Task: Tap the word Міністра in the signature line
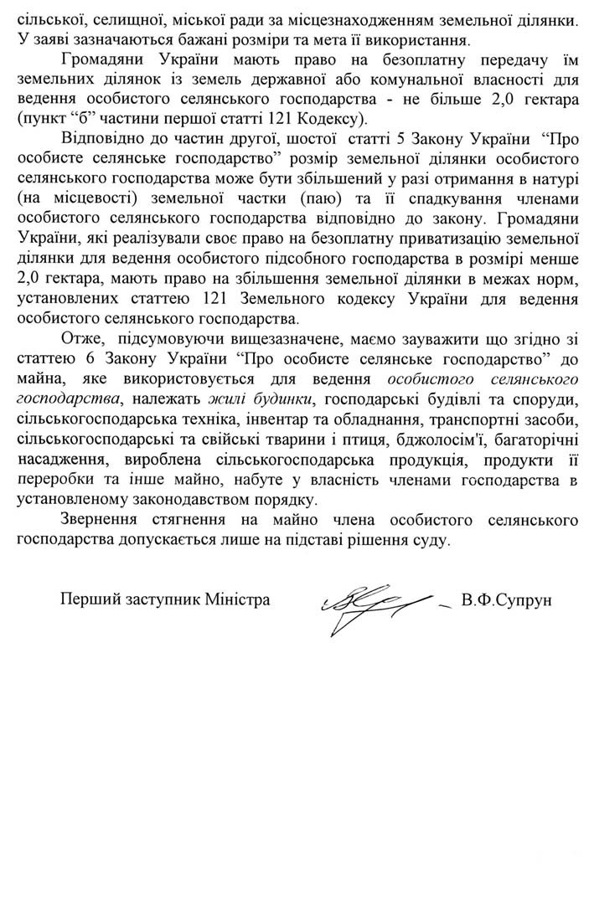pyautogui.click(x=237, y=600)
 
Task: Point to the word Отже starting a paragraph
pyautogui.click(x=80, y=362)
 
